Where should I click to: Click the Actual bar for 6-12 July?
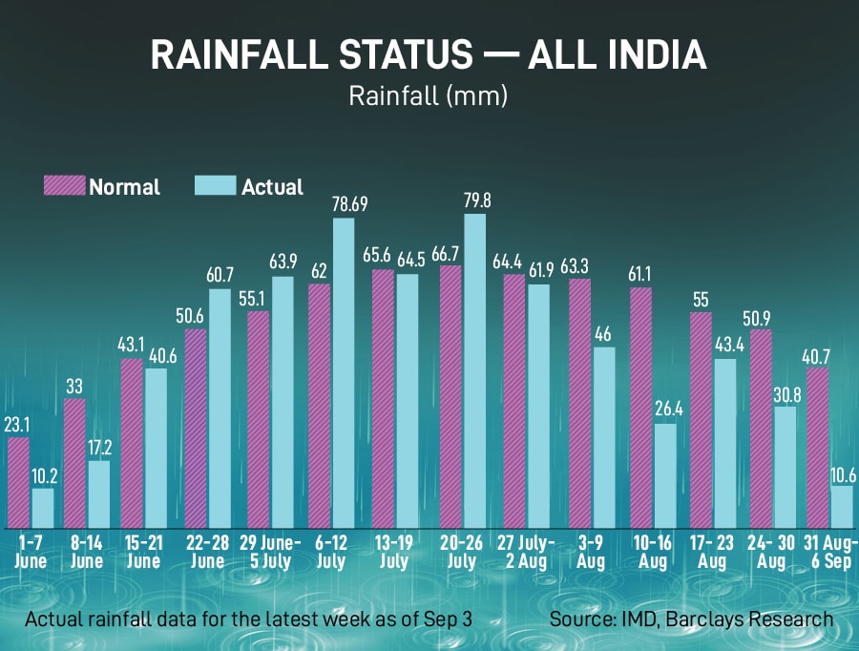[x=344, y=373]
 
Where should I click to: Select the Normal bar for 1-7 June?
[x=18, y=483]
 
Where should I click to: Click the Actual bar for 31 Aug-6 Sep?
[x=842, y=507]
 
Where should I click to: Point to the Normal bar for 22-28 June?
[x=196, y=429]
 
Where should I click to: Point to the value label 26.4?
[x=666, y=409]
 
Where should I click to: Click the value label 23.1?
[x=18, y=424]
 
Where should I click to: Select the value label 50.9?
[x=762, y=314]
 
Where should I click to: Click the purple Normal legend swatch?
[x=64, y=185]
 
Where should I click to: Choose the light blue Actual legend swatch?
[x=215, y=185]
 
